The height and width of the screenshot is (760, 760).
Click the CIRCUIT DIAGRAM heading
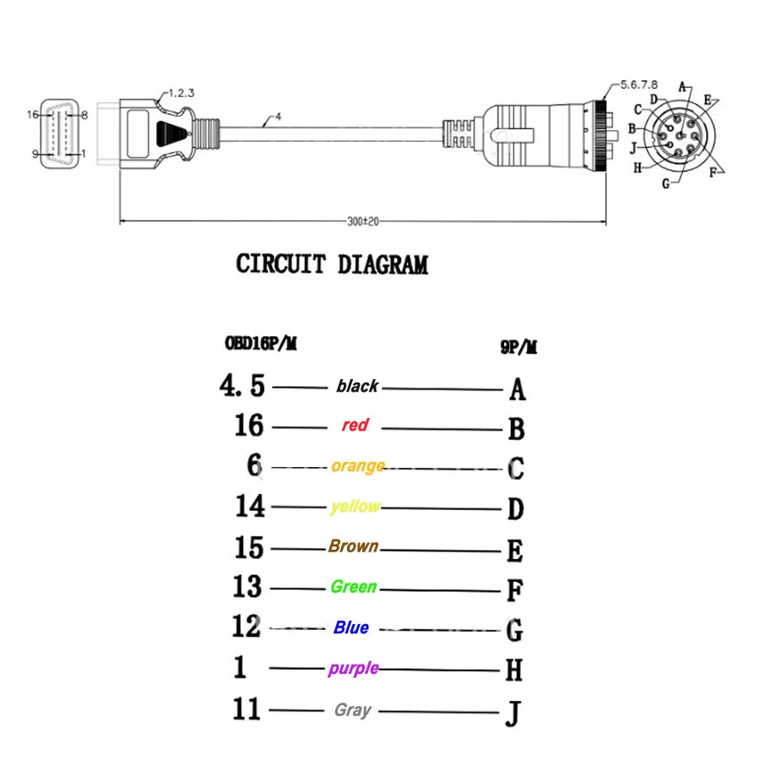tap(332, 264)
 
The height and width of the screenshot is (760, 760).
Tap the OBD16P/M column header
tap(260, 343)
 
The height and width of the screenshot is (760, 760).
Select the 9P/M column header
tap(518, 346)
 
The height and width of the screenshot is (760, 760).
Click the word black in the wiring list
tap(357, 386)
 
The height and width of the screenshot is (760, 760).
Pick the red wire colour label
tap(355, 425)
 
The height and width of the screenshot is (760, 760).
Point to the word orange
tap(358, 465)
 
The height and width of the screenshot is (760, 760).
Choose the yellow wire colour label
tap(356, 506)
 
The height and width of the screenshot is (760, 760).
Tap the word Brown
tap(353, 546)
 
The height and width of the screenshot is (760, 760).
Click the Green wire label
tap(353, 586)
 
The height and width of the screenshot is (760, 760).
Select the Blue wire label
tap(351, 627)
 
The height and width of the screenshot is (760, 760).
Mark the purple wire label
tap(353, 668)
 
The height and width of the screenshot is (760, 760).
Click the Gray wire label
tap(352, 709)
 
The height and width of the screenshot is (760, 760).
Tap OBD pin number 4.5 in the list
tap(242, 386)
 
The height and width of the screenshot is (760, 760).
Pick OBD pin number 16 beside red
tap(249, 425)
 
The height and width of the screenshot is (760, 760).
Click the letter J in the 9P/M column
tap(513, 714)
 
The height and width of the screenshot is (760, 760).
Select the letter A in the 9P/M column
tap(518, 389)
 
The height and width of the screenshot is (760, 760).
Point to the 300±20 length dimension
tap(363, 220)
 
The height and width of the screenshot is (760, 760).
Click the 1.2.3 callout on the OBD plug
tap(181, 93)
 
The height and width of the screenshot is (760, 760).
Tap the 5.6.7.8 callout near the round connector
tap(639, 84)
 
